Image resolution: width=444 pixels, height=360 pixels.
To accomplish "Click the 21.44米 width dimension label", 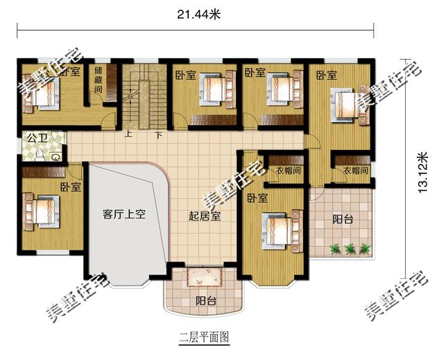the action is coord(199,14).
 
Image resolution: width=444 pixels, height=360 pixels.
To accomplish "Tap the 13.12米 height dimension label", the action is coord(422,173).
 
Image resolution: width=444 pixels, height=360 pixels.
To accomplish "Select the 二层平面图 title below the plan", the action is coord(204,337).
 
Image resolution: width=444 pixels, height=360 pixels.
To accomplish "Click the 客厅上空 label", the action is coord(124,214).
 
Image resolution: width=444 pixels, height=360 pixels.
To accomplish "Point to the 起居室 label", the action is coord(205,216).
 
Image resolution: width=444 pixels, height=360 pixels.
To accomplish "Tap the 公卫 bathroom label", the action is coord(37,139).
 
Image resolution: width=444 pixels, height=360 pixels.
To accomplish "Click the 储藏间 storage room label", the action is coord(99,80).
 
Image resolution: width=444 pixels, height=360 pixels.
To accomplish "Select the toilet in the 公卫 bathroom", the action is coord(40,154).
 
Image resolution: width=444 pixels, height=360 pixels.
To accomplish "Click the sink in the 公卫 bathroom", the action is coord(55,157).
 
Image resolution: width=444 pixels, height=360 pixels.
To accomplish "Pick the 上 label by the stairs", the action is coord(128,133).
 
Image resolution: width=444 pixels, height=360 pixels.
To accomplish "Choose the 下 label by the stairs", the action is coord(159,135).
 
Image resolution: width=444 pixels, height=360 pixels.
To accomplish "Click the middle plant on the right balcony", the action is coord(350,248).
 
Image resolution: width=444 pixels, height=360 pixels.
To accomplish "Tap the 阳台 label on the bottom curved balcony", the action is coord(206,301).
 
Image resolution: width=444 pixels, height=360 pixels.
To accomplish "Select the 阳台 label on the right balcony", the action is coord(343,219).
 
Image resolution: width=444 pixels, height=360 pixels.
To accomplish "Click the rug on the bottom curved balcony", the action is coord(203,277).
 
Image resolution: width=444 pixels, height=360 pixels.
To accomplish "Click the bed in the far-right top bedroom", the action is coord(350,105).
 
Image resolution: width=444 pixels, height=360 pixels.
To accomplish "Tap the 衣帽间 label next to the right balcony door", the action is coord(356,171).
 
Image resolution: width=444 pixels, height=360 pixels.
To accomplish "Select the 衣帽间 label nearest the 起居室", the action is coord(289,171).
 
